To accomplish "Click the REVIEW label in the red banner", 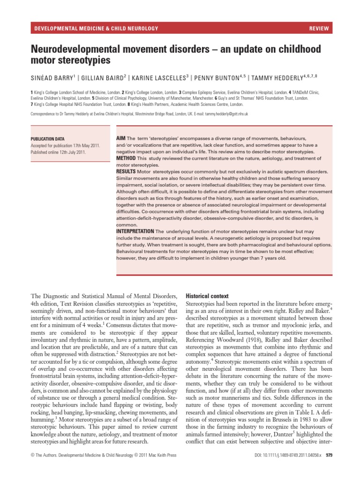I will [319, 29].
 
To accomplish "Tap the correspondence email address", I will [224, 114].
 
